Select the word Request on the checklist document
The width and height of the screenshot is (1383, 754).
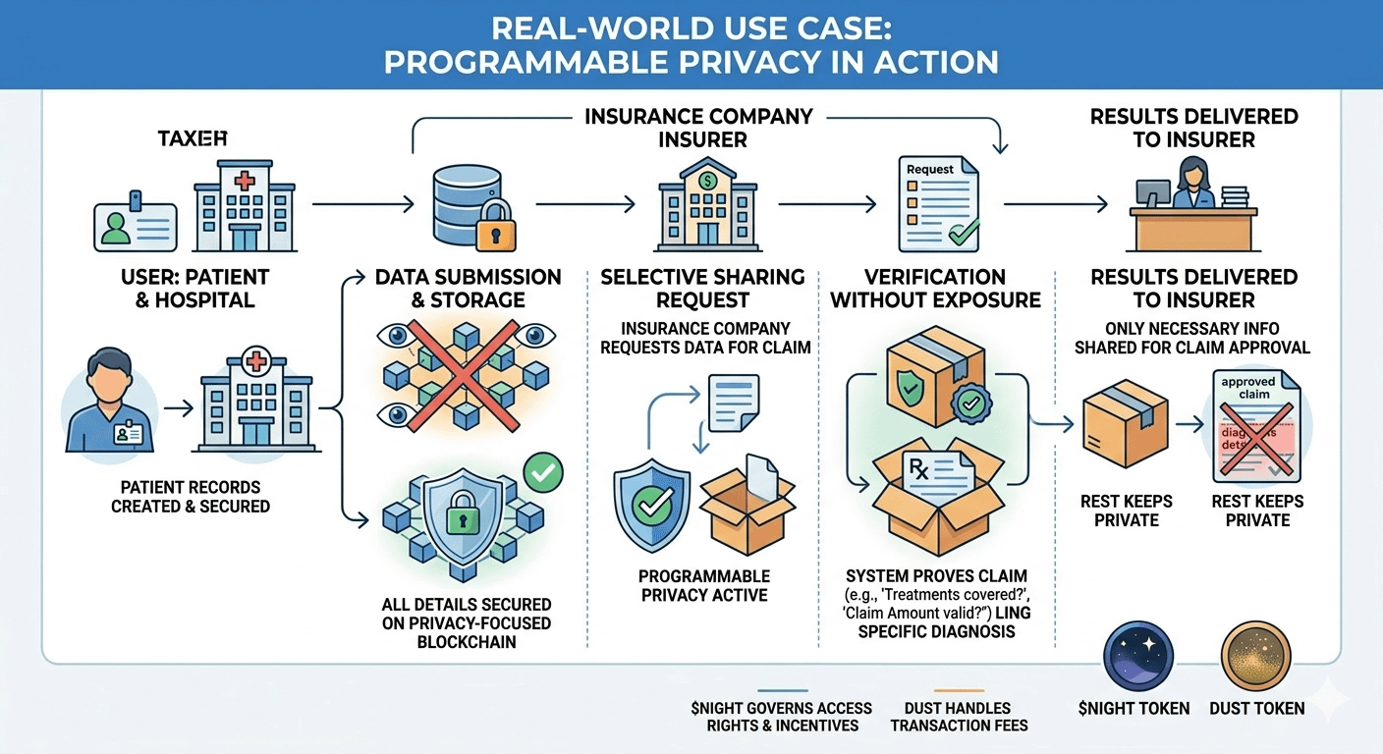[929, 169]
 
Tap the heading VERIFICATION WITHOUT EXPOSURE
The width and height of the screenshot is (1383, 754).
[935, 289]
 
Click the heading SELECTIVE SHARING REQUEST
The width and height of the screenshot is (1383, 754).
[702, 289]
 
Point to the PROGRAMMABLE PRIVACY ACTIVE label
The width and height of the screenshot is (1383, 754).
[703, 585]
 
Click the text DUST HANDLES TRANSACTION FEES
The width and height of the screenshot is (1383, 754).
[959, 717]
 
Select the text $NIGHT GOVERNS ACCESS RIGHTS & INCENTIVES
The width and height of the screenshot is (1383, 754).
[782, 717]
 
